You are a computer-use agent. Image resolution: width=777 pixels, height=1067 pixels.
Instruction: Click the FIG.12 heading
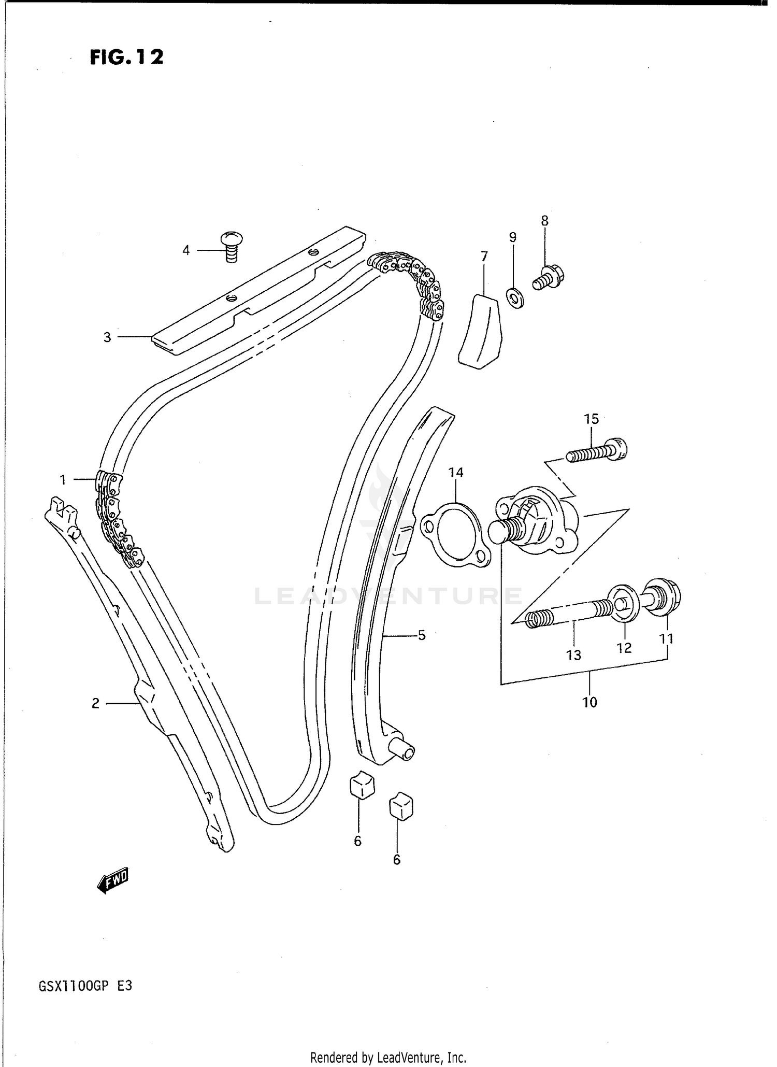pos(126,57)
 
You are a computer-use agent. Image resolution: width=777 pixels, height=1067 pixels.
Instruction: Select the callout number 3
pos(107,337)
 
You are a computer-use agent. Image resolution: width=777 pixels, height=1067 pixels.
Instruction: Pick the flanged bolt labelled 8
pos(548,277)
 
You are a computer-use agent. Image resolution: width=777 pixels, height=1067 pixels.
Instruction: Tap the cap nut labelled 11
pos(663,597)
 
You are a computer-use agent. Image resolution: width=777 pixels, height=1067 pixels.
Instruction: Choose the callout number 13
pos(573,655)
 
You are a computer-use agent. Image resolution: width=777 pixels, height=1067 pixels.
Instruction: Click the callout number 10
pos(589,702)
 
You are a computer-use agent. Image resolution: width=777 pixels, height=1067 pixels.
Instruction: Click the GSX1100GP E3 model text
pos(85,986)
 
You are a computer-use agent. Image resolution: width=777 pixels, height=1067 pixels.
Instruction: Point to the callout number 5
pos(422,635)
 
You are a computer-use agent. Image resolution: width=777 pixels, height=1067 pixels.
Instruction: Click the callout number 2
pos(95,703)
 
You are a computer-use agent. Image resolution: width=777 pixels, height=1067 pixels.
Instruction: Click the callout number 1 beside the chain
pos(63,480)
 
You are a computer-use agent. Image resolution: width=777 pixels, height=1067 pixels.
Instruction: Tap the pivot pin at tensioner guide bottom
pos(405,751)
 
